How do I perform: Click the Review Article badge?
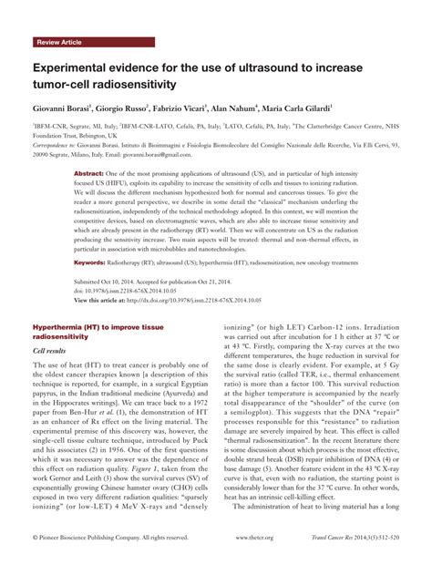click(59, 43)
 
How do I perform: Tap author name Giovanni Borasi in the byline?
click(66, 108)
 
